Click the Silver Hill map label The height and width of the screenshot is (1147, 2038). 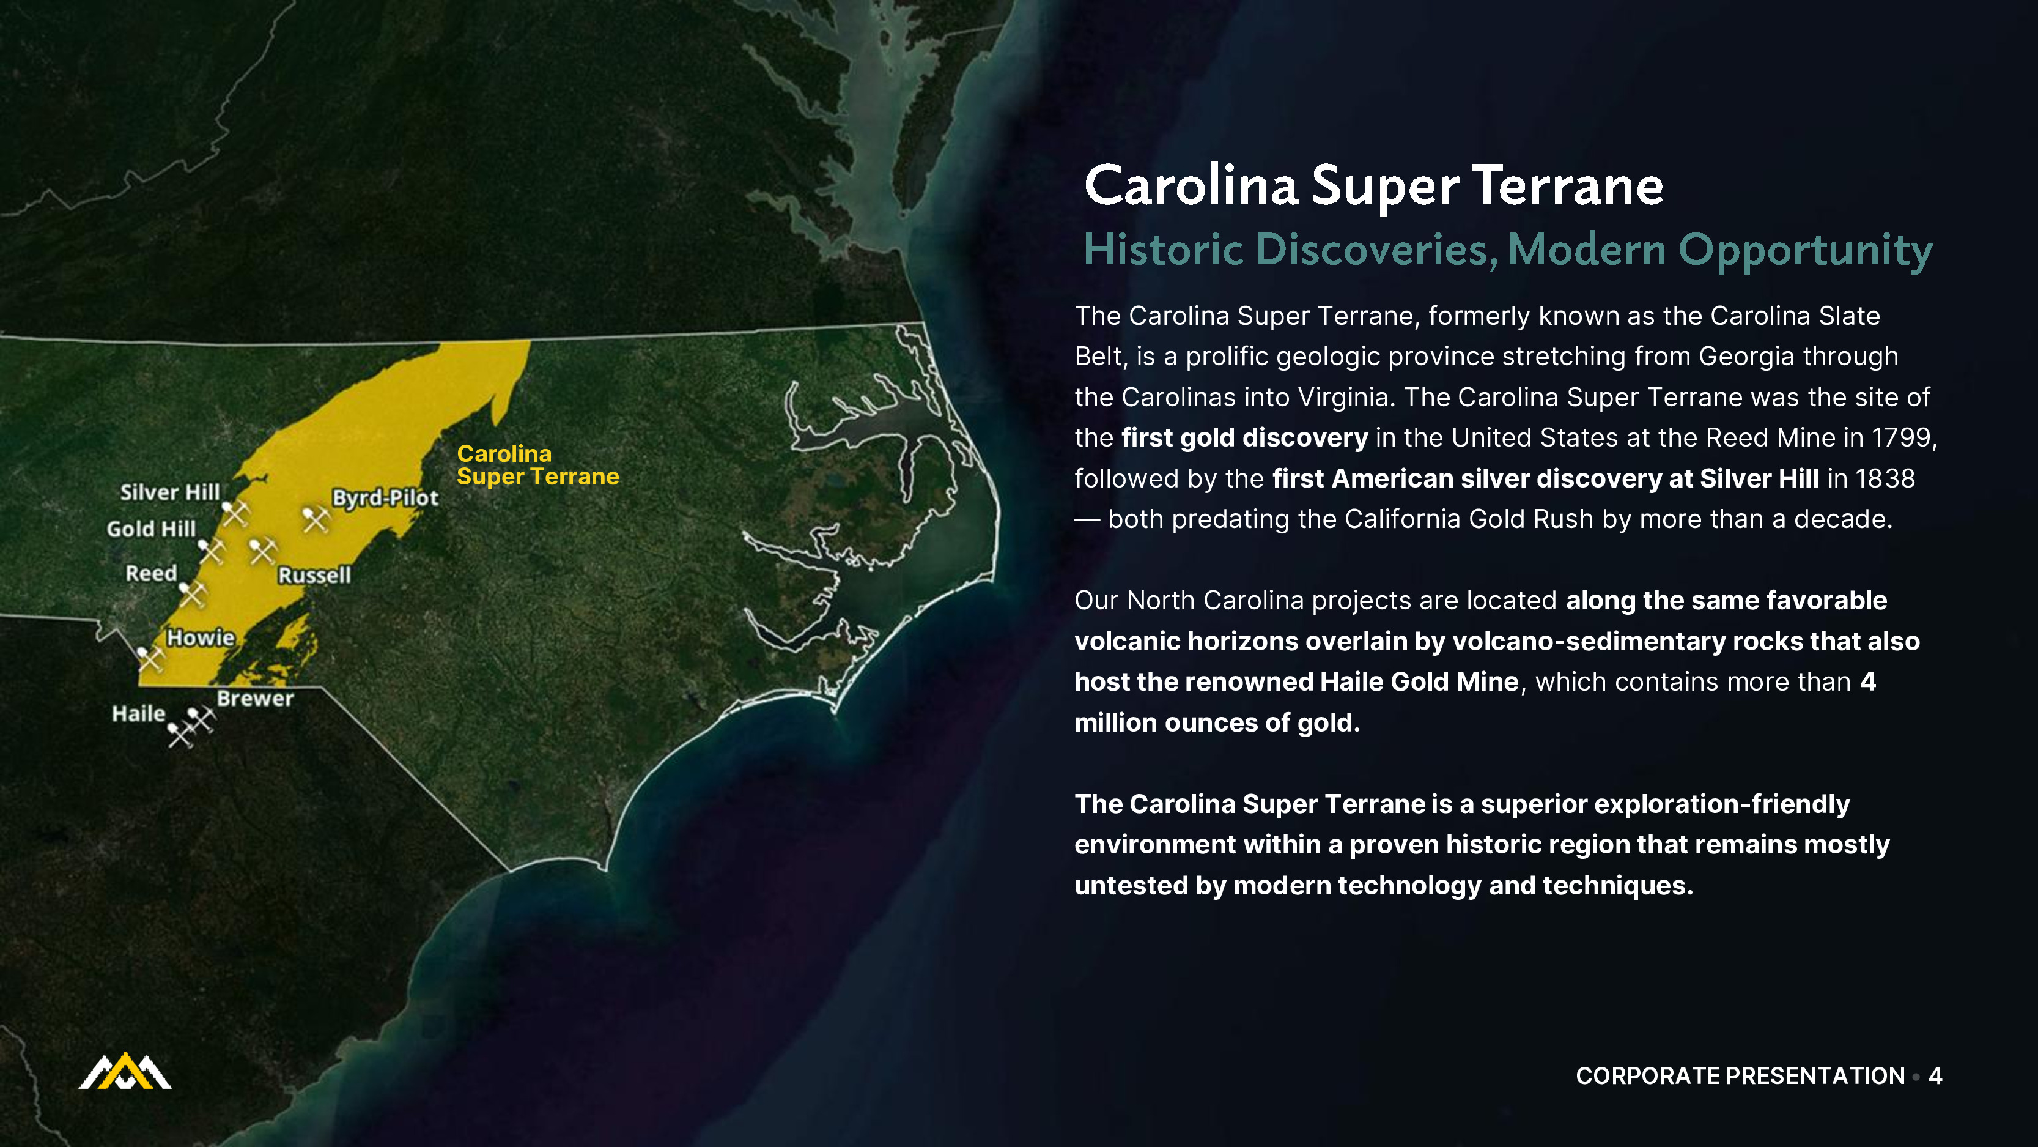(170, 492)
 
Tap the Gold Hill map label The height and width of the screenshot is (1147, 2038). (151, 529)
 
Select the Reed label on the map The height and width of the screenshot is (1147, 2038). (151, 573)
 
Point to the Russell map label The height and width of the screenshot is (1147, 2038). (314, 574)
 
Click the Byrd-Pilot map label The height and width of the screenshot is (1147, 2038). (385, 498)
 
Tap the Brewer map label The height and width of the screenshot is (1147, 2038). (256, 698)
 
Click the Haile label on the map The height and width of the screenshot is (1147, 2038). (138, 714)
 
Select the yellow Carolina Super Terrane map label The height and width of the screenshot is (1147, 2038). (538, 465)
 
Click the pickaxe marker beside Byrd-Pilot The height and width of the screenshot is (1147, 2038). (316, 519)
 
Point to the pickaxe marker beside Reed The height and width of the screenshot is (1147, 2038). (192, 593)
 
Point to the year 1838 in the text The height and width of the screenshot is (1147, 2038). (1885, 478)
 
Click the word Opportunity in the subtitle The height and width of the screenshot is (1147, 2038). (1806, 251)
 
